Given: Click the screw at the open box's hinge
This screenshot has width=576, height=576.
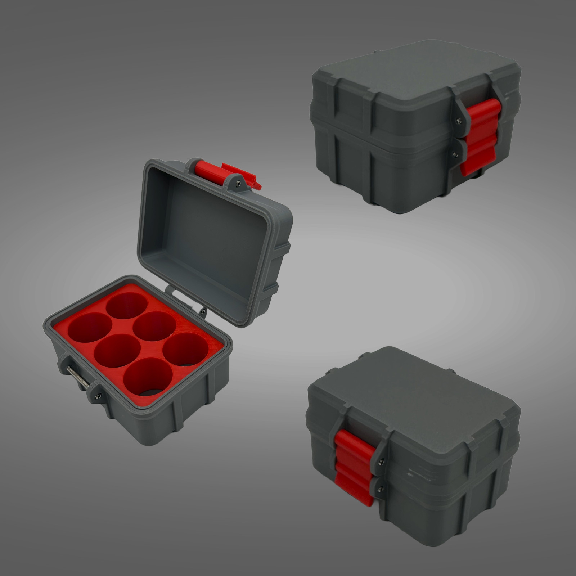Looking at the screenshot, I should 204,311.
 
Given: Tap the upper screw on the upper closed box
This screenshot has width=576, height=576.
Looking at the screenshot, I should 458,121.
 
